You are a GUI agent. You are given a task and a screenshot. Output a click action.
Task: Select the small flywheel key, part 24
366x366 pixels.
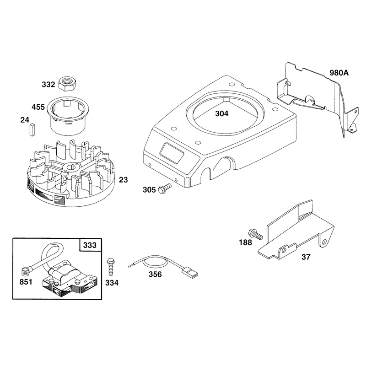tap(32, 129)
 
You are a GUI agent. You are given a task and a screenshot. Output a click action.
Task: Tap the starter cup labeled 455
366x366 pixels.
tap(66, 115)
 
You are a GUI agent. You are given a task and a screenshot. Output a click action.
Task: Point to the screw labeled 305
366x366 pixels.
tap(165, 188)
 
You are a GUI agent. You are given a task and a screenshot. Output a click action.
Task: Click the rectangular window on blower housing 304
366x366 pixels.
tap(172, 153)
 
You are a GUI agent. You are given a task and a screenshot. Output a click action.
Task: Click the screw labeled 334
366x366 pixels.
tap(110, 267)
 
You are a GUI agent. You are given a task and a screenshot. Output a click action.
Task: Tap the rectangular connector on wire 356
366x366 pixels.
tap(190, 273)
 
